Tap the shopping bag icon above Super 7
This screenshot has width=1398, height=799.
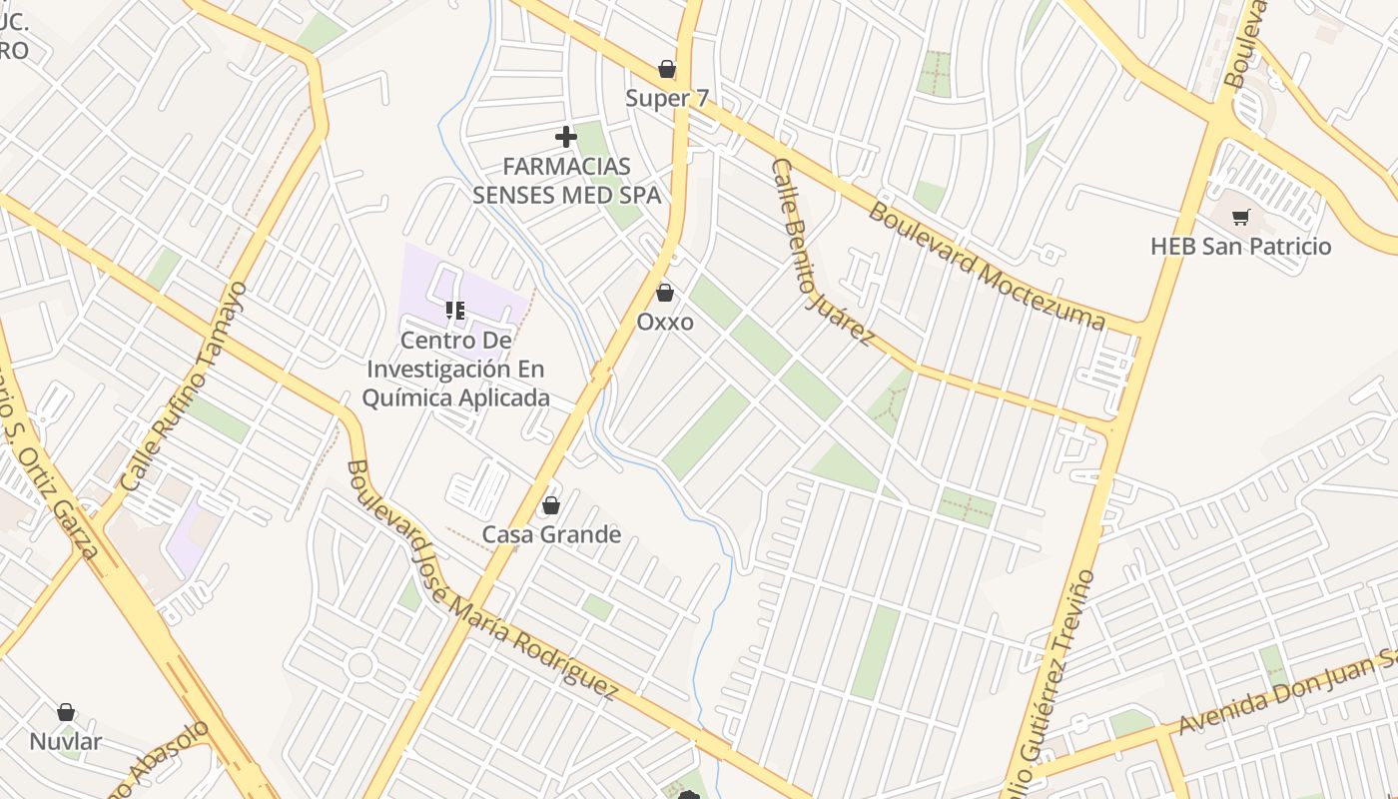point(666,69)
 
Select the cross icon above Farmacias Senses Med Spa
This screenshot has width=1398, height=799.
point(566,136)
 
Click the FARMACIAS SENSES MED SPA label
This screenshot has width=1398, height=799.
point(566,180)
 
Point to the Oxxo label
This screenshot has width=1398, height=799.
point(665,322)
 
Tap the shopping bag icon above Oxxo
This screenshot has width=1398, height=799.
point(665,293)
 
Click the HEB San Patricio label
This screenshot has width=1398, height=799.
point(1241,246)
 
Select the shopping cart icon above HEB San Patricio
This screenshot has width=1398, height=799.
point(1241,217)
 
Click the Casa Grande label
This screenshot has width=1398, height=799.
point(551,534)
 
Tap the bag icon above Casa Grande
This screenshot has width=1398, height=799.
point(550,506)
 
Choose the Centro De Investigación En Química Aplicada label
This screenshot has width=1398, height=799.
point(456,369)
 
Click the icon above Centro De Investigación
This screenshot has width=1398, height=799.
point(455,311)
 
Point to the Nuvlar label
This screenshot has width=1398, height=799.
point(66,741)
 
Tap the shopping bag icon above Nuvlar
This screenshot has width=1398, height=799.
point(66,712)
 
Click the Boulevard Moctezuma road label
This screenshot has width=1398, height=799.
point(987,266)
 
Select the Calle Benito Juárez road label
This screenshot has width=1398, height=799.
point(821,254)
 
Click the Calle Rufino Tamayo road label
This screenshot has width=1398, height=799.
point(183,387)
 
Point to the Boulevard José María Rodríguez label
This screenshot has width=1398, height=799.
point(480,582)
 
